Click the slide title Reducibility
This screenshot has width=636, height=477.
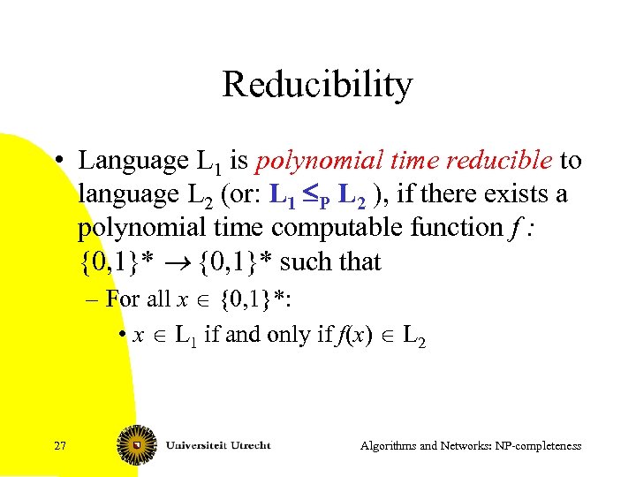(x=317, y=85)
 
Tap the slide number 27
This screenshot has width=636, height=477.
(x=59, y=446)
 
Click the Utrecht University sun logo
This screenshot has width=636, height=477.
(x=136, y=446)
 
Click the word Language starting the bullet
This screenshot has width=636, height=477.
(x=132, y=162)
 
